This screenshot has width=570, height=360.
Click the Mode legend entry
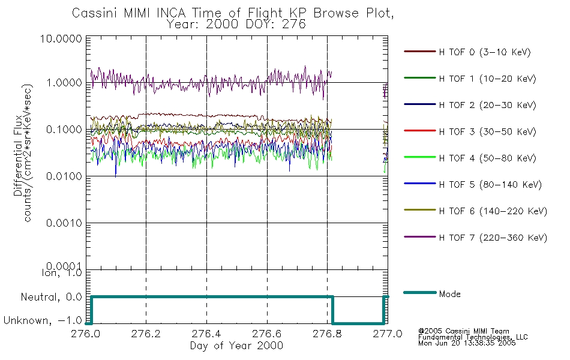[449, 294]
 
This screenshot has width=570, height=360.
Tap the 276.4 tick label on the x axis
[206, 334]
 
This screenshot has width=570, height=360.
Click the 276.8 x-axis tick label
[328, 334]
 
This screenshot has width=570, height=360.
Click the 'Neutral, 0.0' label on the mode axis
[51, 296]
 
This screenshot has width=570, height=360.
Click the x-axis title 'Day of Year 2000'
[236, 346]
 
